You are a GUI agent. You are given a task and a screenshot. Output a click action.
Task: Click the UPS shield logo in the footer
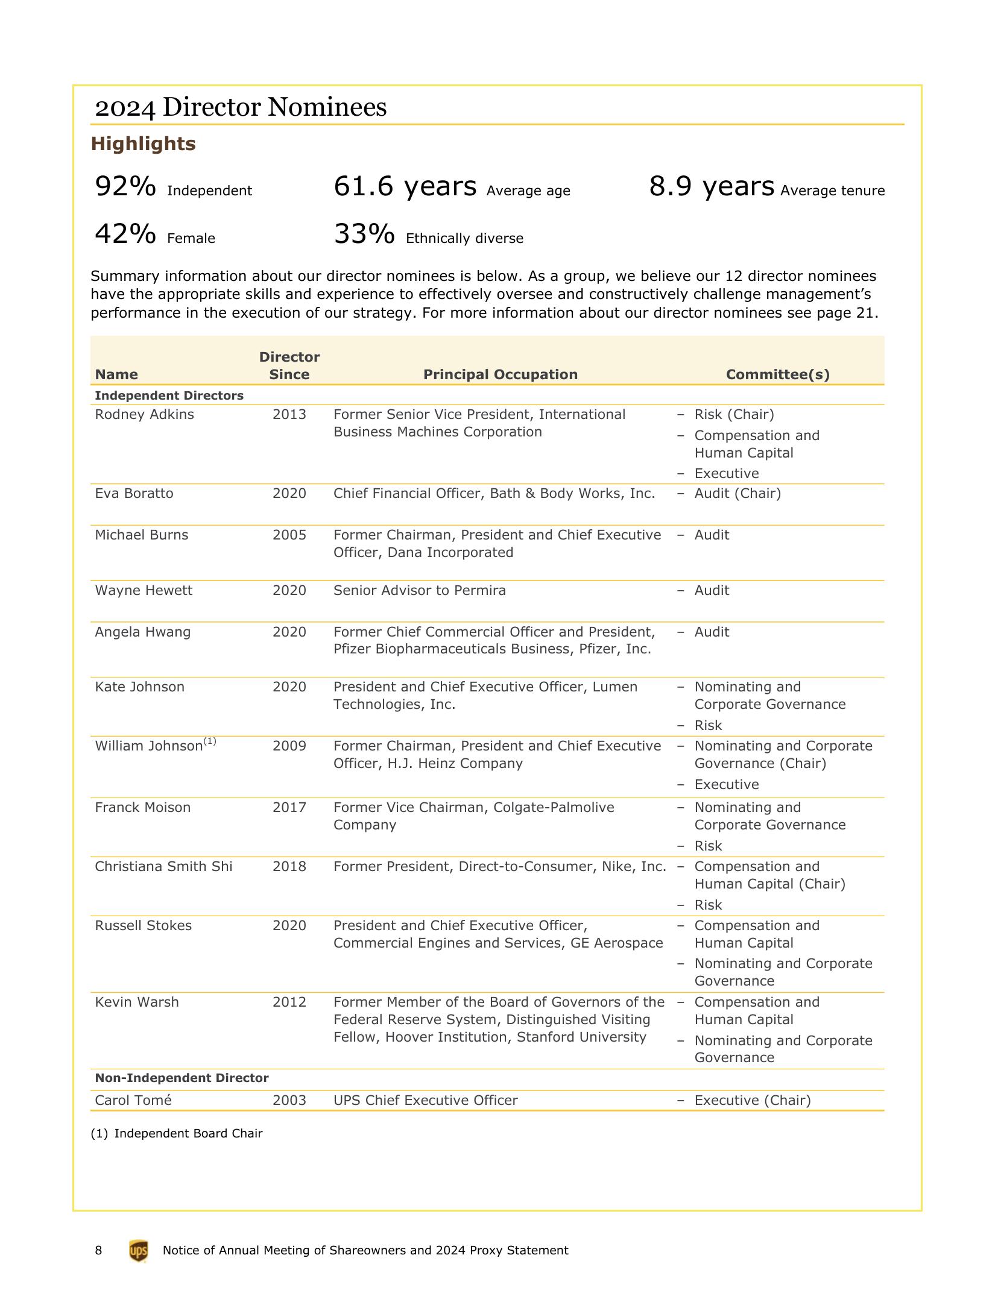pos(138,1251)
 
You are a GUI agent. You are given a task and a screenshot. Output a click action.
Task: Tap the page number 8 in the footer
pos(98,1251)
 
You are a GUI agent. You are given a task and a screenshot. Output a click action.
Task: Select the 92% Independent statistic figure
pos(125,186)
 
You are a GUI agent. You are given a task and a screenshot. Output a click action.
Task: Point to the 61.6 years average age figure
pos(405,186)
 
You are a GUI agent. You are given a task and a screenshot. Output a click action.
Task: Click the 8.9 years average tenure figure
pos(712,186)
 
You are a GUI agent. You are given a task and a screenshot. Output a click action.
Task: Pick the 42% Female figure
pos(125,234)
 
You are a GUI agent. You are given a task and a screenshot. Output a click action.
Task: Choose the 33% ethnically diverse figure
pos(364,234)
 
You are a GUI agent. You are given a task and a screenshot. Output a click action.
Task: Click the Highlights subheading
pos(143,143)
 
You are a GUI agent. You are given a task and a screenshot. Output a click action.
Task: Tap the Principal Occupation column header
pos(500,374)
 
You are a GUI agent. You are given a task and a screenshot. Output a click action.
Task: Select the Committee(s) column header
pos(777,374)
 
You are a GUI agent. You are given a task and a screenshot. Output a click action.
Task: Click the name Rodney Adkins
pos(144,415)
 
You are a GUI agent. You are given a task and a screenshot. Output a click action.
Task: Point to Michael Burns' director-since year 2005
pos(289,535)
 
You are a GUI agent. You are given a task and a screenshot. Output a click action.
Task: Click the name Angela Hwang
pos(142,632)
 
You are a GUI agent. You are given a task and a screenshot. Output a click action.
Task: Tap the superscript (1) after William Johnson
pos(210,741)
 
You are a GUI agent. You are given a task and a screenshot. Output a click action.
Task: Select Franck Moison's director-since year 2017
pos(289,808)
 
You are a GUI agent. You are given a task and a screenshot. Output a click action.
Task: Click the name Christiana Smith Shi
pos(163,867)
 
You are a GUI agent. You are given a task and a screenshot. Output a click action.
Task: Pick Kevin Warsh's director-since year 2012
pos(289,1002)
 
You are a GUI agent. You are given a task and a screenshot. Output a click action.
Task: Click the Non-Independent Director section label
pos(182,1078)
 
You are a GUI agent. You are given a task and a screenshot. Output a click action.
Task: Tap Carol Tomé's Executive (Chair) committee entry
pos(752,1101)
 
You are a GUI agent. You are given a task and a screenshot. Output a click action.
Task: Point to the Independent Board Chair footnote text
pos(188,1134)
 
